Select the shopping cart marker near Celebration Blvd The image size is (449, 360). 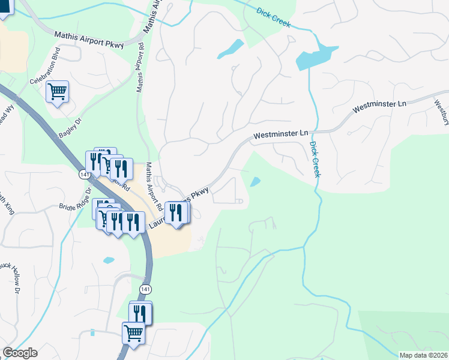(58, 92)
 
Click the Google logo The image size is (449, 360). (20, 353)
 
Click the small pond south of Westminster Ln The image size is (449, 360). (255, 181)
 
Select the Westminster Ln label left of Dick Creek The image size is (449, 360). (280, 135)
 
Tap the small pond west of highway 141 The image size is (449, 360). (109, 261)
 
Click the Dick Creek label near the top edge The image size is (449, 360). (273, 17)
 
